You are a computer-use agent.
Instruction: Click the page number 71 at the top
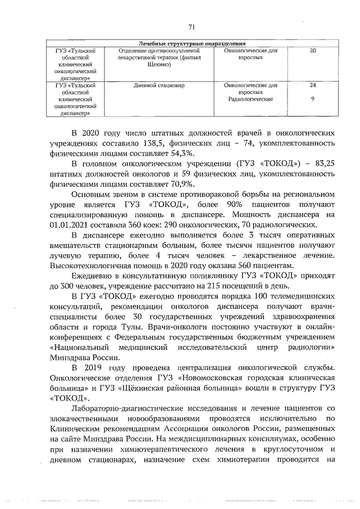(191, 26)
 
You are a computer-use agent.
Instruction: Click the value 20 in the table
(313, 51)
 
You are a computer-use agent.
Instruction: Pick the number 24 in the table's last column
(313, 85)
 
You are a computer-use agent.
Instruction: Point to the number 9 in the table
(313, 98)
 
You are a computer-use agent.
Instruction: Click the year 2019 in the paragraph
(100, 370)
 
